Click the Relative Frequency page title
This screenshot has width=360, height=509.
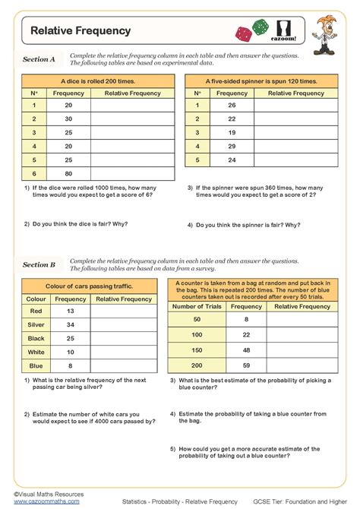[x=81, y=31]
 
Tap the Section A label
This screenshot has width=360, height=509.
[x=39, y=59]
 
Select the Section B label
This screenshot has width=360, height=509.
[x=39, y=264]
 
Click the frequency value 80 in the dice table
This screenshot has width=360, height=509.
[x=69, y=173]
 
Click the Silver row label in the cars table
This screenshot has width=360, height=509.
[x=36, y=324]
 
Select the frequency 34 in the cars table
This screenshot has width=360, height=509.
[x=71, y=324]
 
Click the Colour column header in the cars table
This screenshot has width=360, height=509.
[x=36, y=299]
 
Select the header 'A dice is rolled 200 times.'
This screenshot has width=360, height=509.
[x=94, y=80]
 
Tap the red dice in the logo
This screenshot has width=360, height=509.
[x=245, y=34]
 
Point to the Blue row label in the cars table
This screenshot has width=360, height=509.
[x=36, y=365]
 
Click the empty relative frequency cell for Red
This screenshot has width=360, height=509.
[x=125, y=311]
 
